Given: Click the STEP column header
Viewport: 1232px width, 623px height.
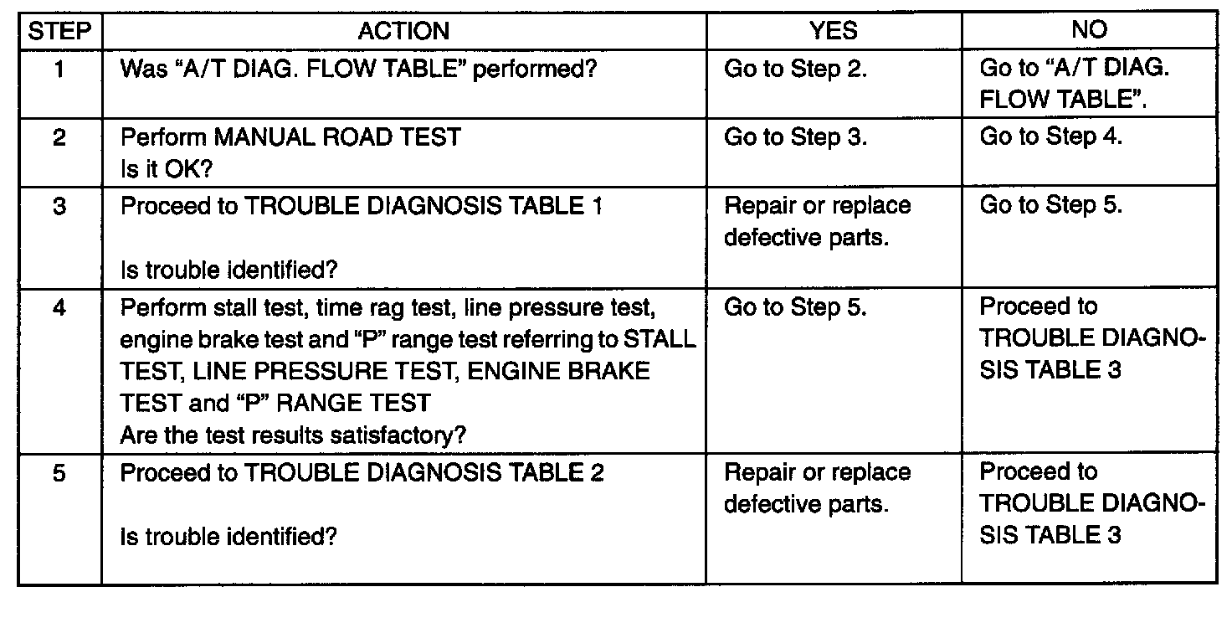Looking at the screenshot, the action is [59, 31].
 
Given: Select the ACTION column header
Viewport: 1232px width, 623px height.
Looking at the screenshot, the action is [403, 31].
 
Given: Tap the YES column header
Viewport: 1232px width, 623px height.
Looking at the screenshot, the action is [834, 30].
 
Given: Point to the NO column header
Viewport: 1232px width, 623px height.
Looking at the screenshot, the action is [1089, 29].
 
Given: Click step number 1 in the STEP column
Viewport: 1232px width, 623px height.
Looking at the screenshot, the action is [59, 70].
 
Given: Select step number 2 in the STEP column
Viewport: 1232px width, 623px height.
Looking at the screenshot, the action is [59, 137].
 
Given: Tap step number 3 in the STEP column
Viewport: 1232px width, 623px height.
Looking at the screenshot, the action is [59, 206].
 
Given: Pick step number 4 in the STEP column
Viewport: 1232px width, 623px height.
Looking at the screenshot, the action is [59, 308].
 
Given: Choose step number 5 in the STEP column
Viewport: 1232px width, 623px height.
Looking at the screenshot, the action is [59, 473].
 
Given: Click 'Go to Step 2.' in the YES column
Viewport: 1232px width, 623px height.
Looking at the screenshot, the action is [795, 70].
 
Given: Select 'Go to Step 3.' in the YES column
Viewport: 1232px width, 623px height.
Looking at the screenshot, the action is [795, 137].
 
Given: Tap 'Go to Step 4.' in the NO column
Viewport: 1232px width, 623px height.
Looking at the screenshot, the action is [1050, 136].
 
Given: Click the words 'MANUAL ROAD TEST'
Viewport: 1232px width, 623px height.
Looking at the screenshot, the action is [337, 137].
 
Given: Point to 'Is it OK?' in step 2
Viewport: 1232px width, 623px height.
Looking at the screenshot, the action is [166, 169].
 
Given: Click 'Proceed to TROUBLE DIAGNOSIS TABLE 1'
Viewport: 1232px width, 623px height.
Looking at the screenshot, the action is [362, 206].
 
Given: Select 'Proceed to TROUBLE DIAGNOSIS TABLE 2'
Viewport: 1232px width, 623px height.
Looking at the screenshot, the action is [362, 473].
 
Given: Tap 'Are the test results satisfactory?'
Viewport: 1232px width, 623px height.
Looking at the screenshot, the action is [293, 435].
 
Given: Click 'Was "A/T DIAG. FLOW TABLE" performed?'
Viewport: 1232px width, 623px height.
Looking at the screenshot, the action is [358, 70].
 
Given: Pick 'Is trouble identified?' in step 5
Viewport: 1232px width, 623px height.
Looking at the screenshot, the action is [228, 537].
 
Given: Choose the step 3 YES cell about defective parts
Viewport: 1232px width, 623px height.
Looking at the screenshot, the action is [818, 222].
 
